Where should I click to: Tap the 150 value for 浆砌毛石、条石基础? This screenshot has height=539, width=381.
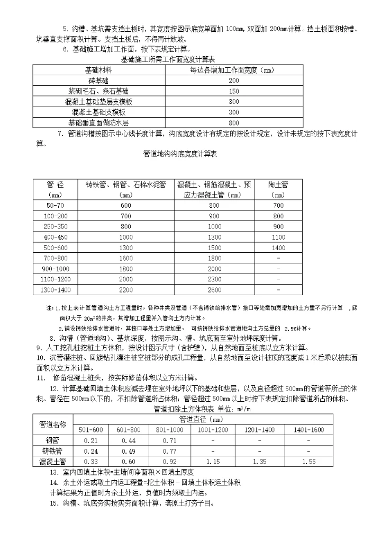(233, 91)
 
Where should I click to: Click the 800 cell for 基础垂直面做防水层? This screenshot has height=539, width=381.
(233, 122)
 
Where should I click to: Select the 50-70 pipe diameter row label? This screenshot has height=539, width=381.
(55, 205)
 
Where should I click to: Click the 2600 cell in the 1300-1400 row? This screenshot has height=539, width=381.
(214, 290)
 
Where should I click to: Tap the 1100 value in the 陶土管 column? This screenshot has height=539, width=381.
(278, 237)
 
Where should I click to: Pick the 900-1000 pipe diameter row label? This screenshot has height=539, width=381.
(55, 269)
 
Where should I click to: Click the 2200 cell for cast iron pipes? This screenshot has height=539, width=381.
(126, 290)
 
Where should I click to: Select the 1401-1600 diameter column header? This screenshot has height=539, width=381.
(308, 429)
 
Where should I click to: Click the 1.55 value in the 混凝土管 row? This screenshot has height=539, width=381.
(308, 462)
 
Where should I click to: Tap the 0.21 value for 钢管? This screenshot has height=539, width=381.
(91, 440)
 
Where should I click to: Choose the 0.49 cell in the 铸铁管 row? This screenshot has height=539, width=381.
(129, 451)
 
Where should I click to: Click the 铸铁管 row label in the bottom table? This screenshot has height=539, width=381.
(52, 451)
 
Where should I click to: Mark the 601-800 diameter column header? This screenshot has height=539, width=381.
(129, 429)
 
